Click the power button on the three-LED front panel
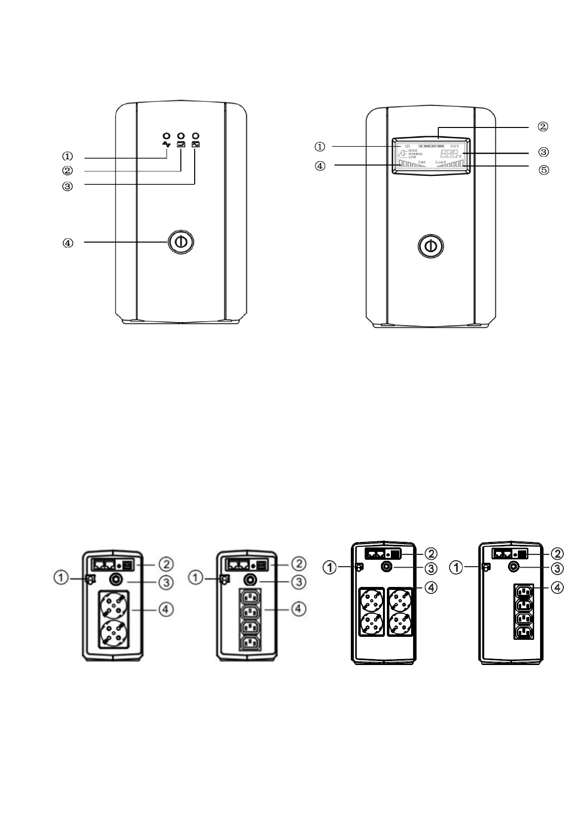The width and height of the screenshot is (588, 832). [x=181, y=242]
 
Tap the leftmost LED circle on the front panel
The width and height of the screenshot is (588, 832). [x=167, y=135]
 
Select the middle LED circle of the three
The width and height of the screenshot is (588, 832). [x=181, y=135]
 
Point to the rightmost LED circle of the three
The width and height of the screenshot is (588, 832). [x=196, y=135]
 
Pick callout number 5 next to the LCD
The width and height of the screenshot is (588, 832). [x=543, y=170]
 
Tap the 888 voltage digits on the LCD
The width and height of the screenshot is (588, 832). [x=449, y=154]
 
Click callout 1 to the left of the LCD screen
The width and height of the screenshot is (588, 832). [x=320, y=147]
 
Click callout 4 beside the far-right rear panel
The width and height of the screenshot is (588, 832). [x=557, y=587]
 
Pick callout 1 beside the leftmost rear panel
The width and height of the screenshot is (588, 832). [x=61, y=577]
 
